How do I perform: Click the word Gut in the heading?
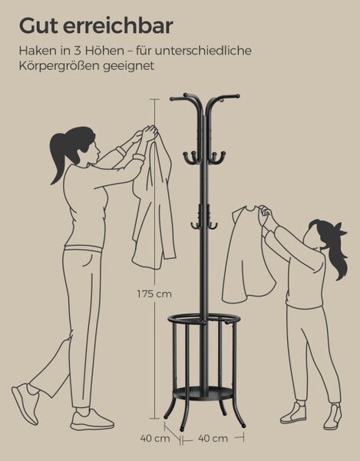38,26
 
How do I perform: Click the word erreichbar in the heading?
117,26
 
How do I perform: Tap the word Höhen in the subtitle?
104,51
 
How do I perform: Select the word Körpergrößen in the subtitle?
60,66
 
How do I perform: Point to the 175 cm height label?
154,294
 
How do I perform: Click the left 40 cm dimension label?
155,439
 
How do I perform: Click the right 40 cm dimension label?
213,439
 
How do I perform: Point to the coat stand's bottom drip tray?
203,393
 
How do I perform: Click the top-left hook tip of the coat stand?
172,99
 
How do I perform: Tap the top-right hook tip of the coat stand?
237,96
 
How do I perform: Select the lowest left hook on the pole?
195,225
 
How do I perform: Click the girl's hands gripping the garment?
265,211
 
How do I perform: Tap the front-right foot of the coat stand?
243,426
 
